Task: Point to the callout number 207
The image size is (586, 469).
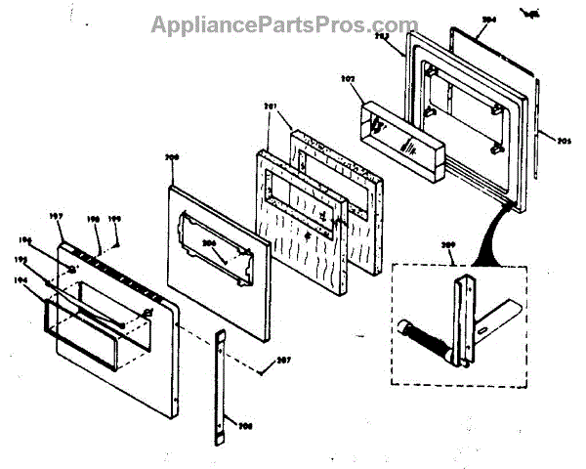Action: tap(283, 362)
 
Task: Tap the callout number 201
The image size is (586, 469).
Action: tap(272, 105)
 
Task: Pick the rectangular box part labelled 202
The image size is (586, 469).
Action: tap(403, 137)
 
